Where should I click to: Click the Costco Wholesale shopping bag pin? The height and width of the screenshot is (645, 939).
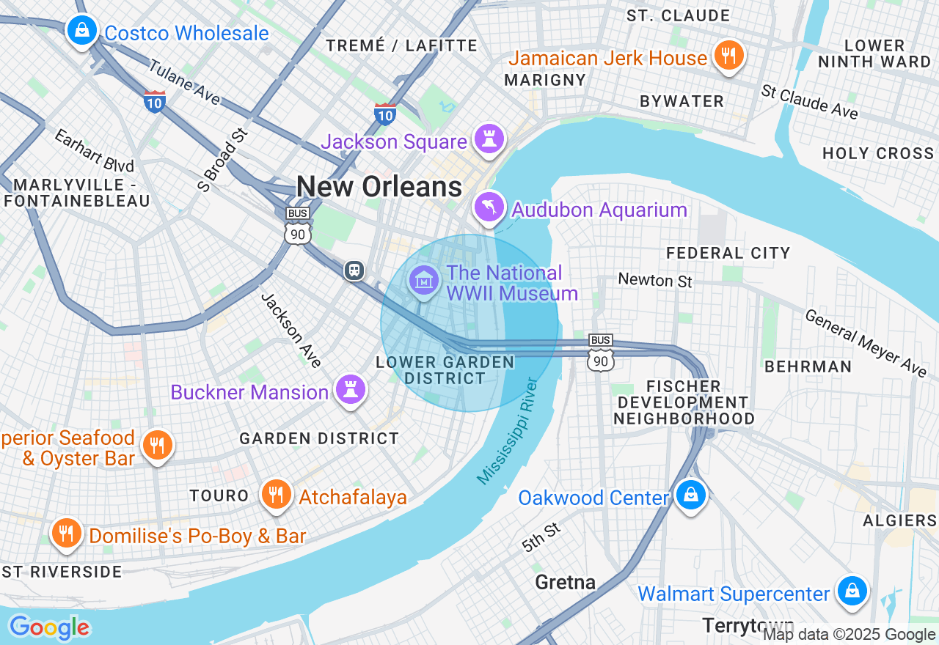82,31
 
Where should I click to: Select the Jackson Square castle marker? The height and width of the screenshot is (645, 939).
488,139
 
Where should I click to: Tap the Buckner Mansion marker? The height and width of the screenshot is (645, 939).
351,389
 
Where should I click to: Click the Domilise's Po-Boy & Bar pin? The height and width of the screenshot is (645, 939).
67,533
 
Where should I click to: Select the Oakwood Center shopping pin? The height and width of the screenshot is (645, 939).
690,495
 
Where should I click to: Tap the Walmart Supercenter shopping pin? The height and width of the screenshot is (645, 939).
852,591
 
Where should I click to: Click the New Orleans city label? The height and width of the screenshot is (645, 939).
379,187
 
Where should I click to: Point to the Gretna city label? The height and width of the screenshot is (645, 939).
565,583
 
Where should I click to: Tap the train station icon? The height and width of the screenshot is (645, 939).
354,270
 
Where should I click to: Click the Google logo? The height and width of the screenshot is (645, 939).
49,627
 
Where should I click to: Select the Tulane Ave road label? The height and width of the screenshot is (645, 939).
184,81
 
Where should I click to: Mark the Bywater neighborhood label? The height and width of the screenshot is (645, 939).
682,101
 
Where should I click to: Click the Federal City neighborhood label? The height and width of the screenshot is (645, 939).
728,253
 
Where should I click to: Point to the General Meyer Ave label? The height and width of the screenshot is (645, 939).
866,343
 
